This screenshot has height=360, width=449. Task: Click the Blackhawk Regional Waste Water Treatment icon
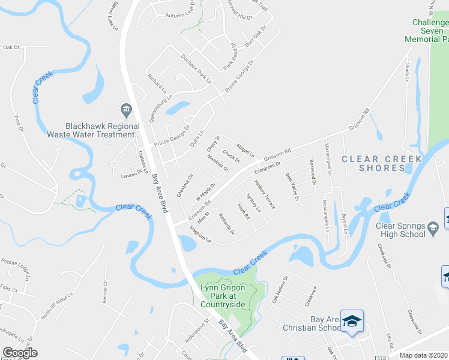(126, 109)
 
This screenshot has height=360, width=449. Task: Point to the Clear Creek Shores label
(373, 163)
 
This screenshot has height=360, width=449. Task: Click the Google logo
(20, 353)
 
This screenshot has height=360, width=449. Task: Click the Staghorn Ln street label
(200, 235)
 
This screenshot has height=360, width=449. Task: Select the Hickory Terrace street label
(265, 194)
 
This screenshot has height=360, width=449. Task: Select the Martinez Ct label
(217, 163)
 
